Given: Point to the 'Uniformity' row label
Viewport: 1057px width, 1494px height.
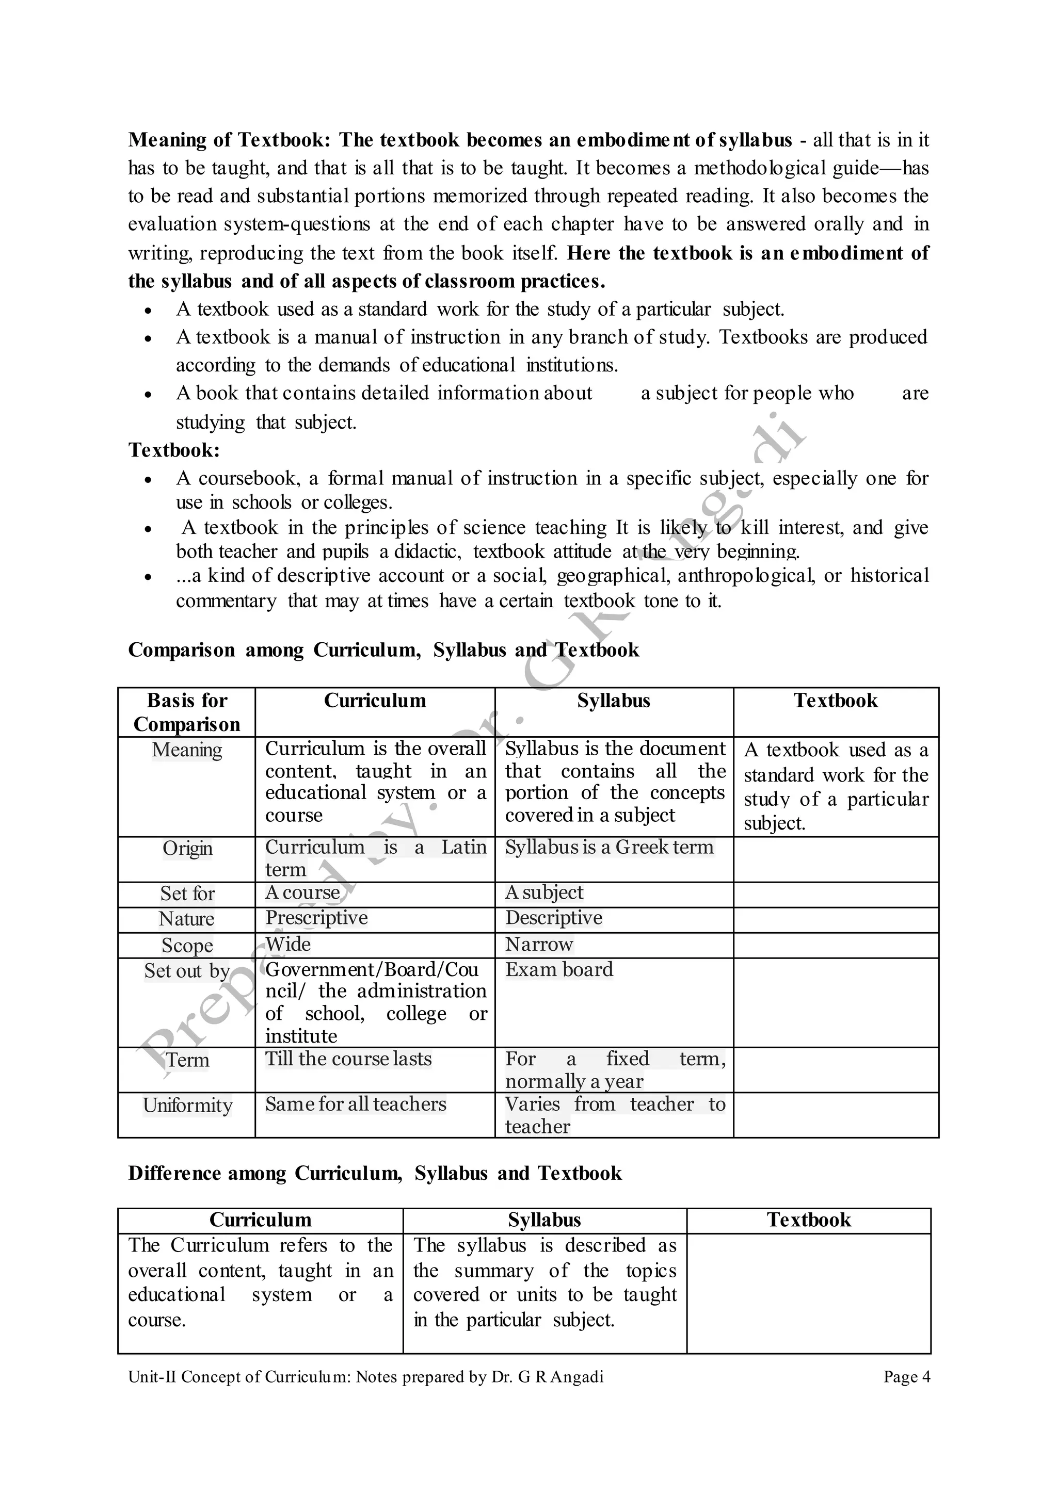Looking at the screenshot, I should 187,1106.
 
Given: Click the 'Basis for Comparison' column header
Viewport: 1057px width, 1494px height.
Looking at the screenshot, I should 187,712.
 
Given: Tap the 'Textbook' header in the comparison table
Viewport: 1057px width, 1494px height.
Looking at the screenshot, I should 835,701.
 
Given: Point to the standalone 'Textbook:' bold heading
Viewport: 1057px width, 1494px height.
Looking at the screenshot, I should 174,450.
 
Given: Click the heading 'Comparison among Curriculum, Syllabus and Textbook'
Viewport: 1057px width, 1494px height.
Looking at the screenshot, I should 383,650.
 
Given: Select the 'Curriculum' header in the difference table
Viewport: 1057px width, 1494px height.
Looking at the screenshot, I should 260,1220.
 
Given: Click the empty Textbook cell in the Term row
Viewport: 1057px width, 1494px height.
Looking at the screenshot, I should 835,1069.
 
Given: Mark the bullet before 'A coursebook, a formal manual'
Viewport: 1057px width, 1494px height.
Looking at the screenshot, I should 149,480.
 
